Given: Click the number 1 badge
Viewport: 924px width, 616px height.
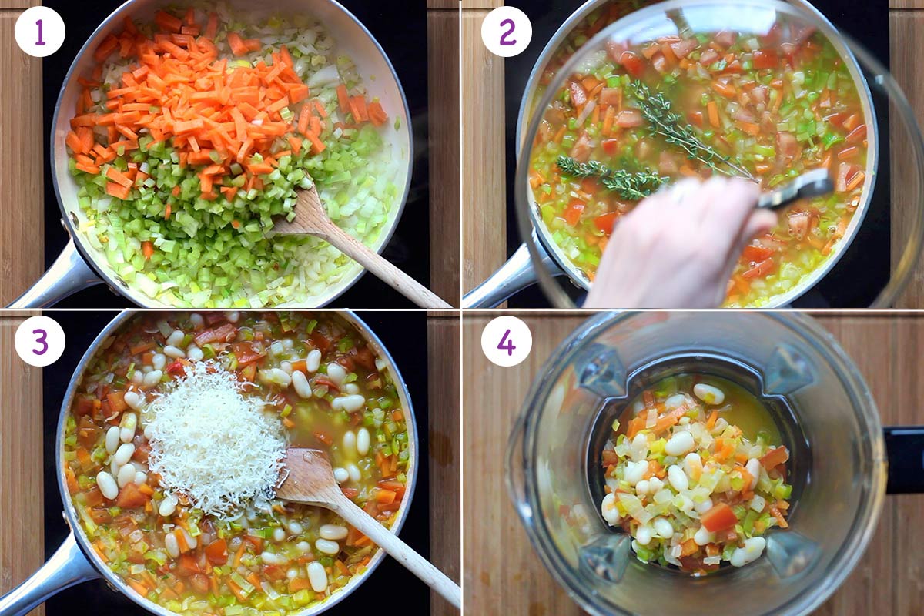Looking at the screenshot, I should point(40,32).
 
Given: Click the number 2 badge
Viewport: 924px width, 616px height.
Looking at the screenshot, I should point(506,32).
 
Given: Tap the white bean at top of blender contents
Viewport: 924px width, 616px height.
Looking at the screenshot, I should point(708,394).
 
